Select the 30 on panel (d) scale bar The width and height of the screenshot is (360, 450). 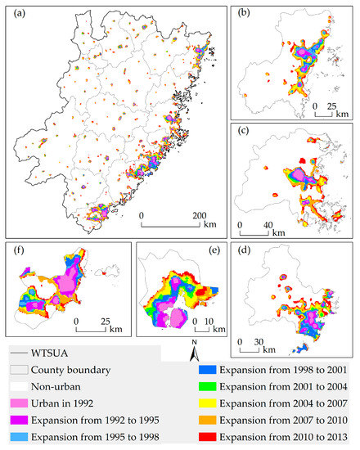click(x=263, y=340)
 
